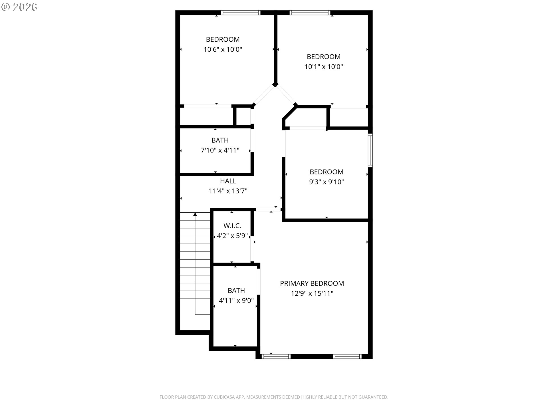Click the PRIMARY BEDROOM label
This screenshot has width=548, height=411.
click(x=312, y=283)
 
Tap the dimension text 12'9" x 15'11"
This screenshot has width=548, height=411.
click(x=312, y=293)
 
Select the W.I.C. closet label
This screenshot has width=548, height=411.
click(x=232, y=226)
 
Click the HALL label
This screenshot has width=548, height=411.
click(x=228, y=181)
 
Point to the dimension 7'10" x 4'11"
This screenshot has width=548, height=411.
click(x=220, y=150)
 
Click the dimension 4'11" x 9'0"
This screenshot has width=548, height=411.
click(x=236, y=301)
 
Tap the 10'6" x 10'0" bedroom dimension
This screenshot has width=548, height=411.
click(x=223, y=49)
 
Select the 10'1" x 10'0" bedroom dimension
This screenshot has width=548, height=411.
click(x=324, y=67)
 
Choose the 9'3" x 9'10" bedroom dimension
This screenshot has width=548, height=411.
click(x=327, y=182)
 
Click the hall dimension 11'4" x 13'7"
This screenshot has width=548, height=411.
click(x=228, y=191)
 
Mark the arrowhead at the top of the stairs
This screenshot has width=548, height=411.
click(x=195, y=214)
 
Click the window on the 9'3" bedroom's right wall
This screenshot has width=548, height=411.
click(x=370, y=150)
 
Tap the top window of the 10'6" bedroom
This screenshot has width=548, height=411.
click(x=241, y=13)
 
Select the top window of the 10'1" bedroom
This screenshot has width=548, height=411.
click(x=310, y=13)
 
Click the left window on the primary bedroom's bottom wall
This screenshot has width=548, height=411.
click(x=276, y=356)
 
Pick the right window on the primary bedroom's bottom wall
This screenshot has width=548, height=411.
click(x=347, y=356)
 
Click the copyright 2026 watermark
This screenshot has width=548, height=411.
click(x=19, y=7)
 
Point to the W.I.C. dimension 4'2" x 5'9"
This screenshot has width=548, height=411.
click(x=232, y=236)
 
